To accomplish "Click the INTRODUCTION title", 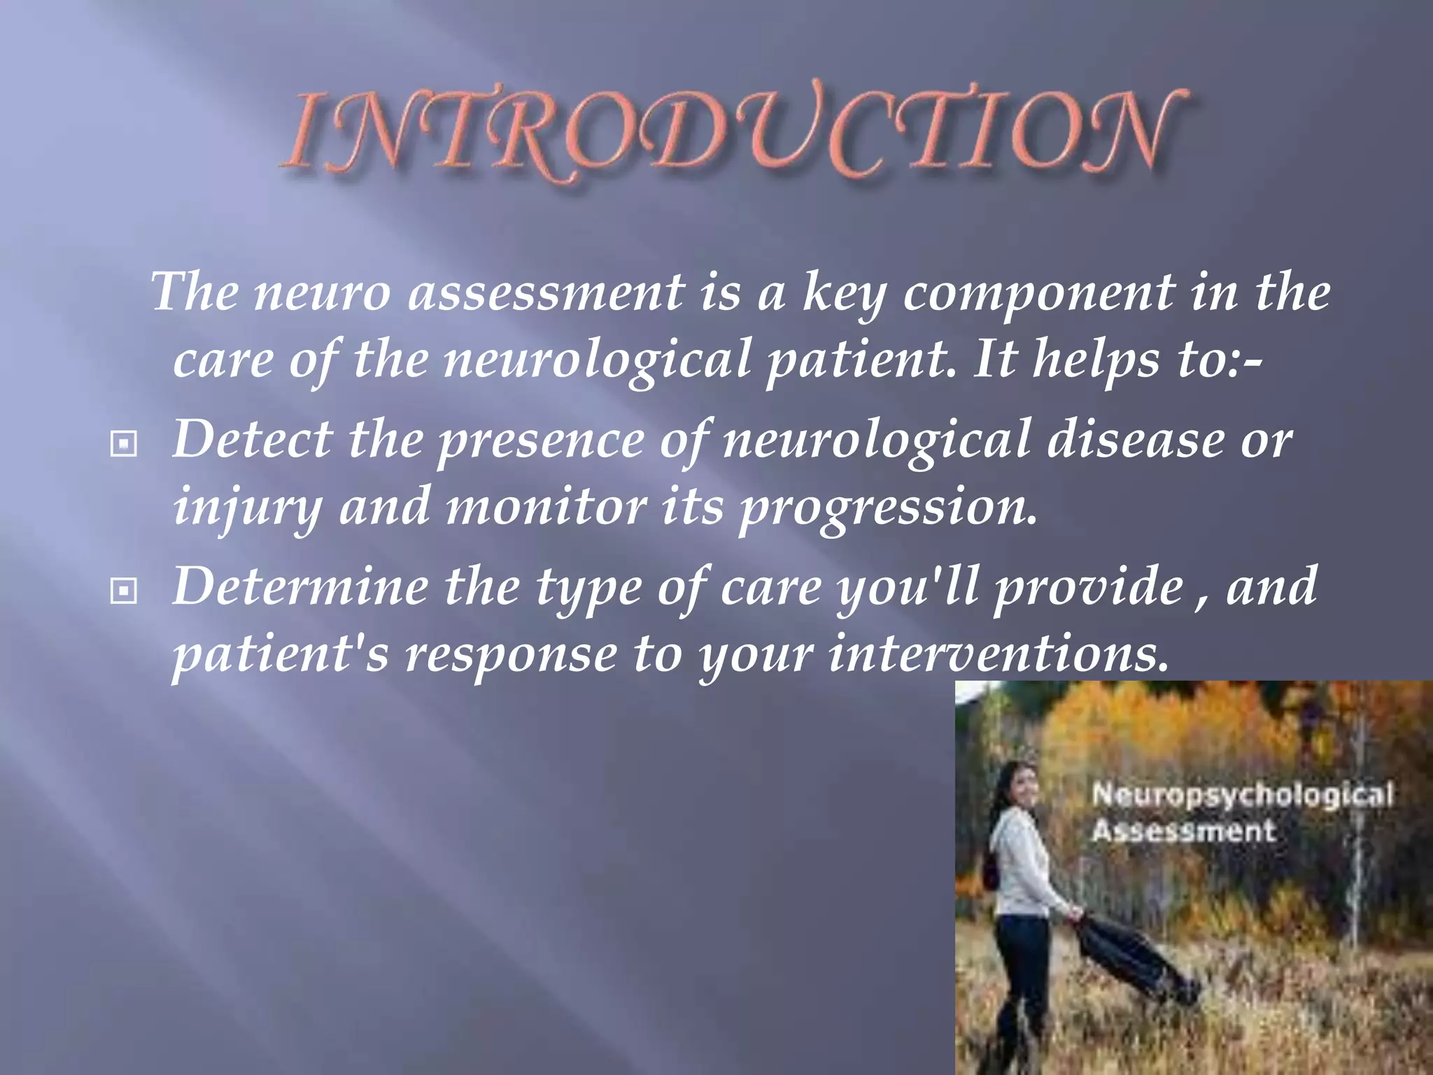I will coord(735,133).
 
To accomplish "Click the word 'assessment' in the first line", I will coord(546,292).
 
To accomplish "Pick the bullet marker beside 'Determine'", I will coord(124,592).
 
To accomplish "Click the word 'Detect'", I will coord(252,440).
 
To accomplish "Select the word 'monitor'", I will coord(546,506).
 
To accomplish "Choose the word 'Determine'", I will coord(299,586).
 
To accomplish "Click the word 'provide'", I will coord(1088,586).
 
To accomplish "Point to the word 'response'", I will coord(511,654).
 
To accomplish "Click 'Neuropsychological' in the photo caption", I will coord(1243,796).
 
